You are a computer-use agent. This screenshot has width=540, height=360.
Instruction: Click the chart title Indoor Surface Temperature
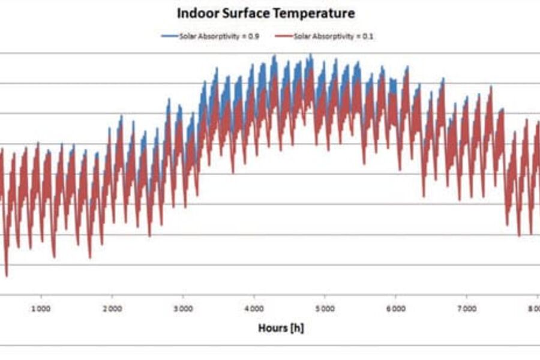pyautogui.click(x=265, y=13)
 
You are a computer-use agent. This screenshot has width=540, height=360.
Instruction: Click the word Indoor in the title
pyautogui.click(x=196, y=13)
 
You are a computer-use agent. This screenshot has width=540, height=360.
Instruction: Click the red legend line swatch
pyautogui.click(x=284, y=37)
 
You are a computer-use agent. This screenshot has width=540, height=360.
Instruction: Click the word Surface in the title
pyautogui.click(x=250, y=13)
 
